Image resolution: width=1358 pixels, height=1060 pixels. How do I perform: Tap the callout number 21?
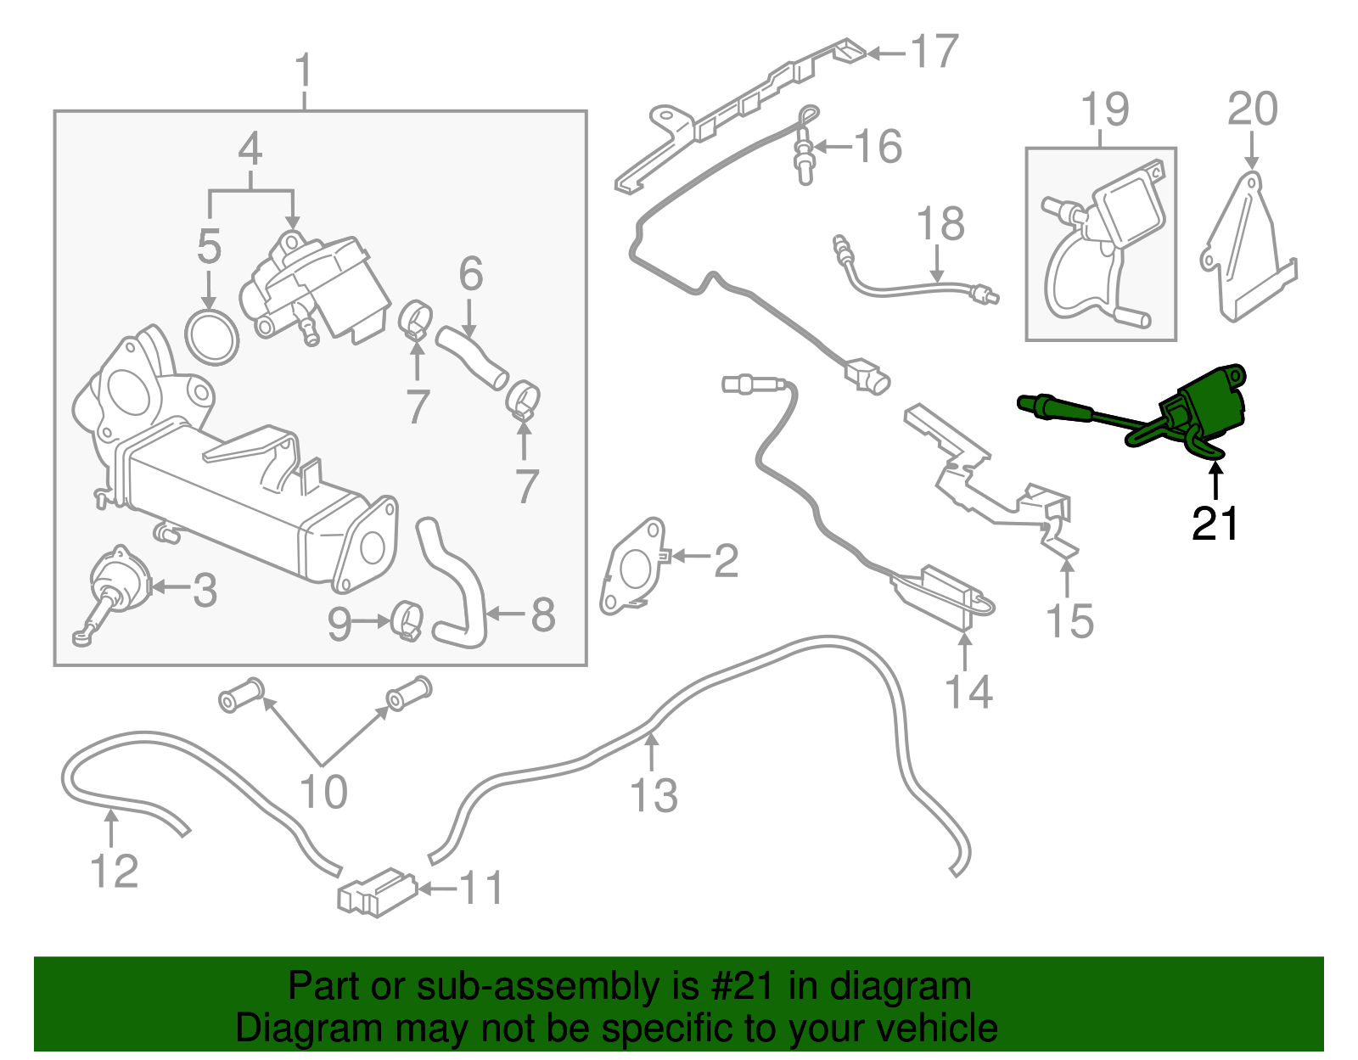[x=1215, y=524]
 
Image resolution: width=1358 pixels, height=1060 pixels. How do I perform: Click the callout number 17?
[x=934, y=52]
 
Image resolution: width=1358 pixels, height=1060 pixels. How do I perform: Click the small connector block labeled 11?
[x=376, y=893]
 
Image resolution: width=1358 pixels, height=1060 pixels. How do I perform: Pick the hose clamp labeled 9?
[x=407, y=621]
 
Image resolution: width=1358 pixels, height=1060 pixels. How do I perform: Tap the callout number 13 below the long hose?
[x=654, y=795]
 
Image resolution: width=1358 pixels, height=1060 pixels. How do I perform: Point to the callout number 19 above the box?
[x=1104, y=109]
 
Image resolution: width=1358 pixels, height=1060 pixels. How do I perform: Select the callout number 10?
[x=323, y=791]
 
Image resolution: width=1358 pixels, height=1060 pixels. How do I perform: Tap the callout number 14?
[x=968, y=692]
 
